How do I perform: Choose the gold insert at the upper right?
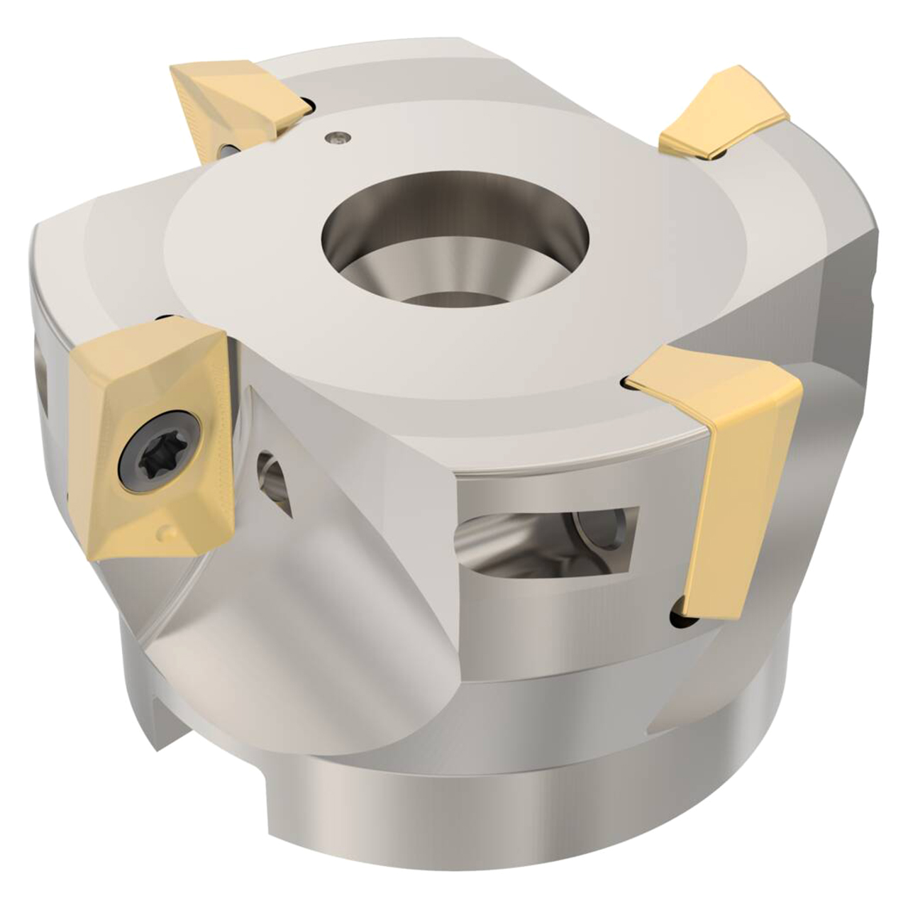coord(724,113)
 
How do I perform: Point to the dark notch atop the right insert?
coord(630,384)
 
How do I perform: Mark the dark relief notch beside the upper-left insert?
coord(304,106)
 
